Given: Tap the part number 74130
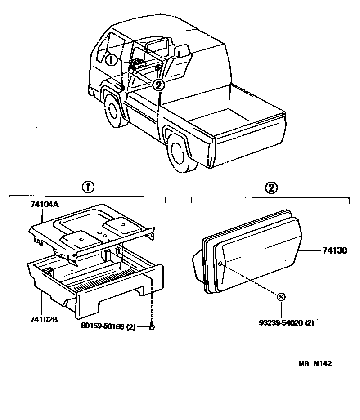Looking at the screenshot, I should (334, 250).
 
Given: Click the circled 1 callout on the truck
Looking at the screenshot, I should (112, 60).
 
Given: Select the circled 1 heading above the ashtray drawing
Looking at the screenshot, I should (88, 187).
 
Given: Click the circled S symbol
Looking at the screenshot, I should (281, 297).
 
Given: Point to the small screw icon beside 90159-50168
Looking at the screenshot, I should (152, 327).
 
